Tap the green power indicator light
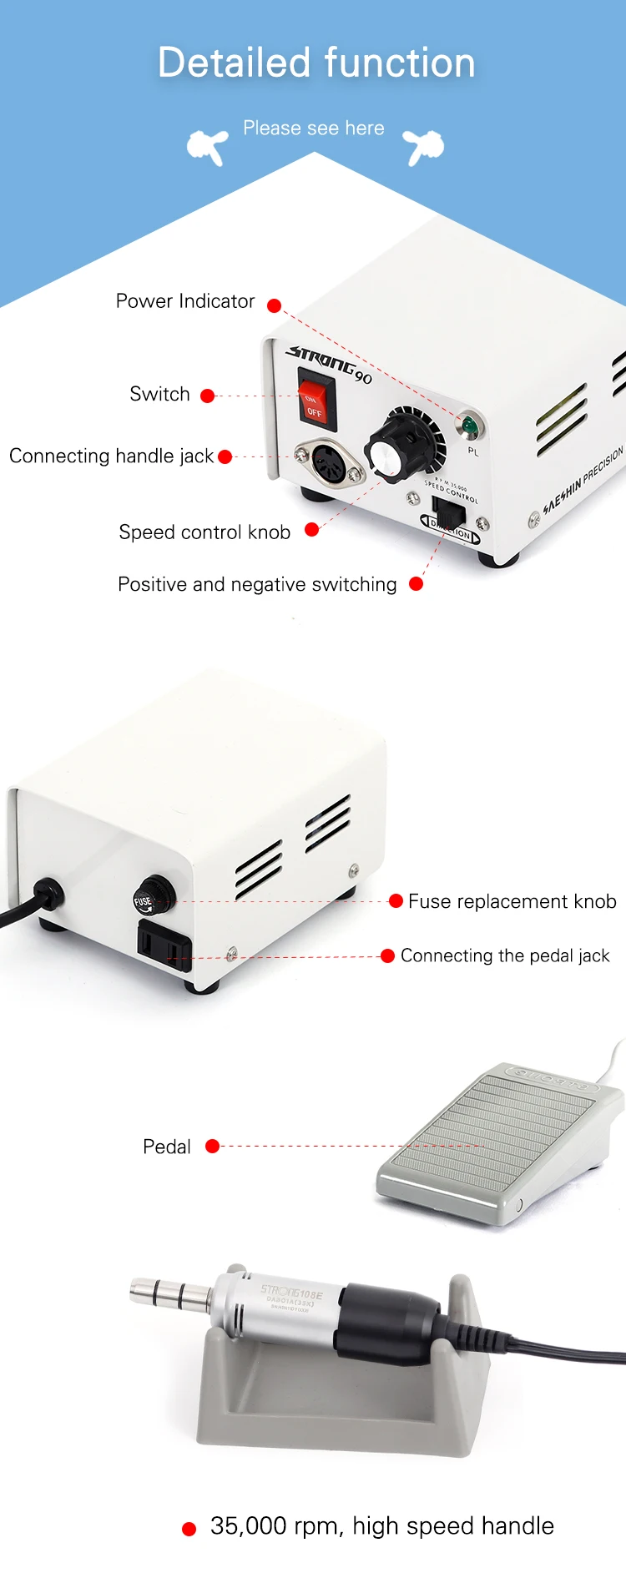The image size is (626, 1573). pos(470,426)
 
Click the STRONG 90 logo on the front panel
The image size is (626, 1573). pos(329,365)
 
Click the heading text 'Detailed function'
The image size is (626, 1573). pos(316,63)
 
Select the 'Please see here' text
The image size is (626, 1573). pos(314,129)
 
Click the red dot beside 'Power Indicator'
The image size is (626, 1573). pos(274,305)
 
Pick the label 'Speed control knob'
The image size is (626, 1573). pos(204,532)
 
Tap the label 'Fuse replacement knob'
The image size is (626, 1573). pos(512,901)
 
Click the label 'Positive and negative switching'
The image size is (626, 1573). pos(257,584)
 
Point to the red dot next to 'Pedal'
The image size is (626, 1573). pos(212,1146)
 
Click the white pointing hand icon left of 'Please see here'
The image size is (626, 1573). pos(208,147)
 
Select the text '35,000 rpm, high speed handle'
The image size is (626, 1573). pos(381,1526)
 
